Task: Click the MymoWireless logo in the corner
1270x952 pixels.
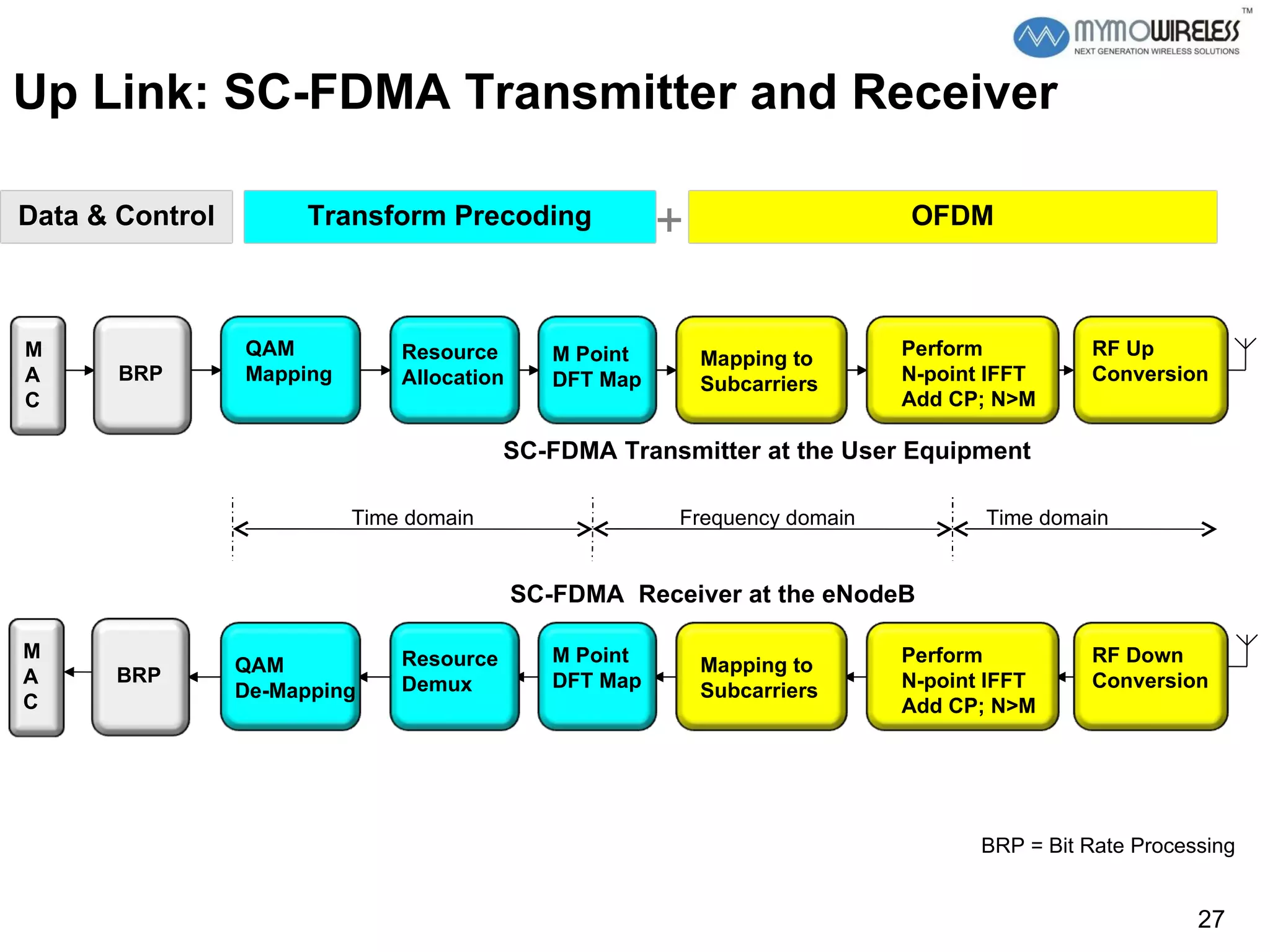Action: (x=1126, y=36)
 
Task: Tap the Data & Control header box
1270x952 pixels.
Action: (x=117, y=216)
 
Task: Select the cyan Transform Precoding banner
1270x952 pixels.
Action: (x=450, y=216)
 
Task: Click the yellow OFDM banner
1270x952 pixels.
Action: (x=952, y=216)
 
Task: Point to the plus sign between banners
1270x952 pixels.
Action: (x=669, y=220)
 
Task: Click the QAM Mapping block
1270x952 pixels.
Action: (x=290, y=370)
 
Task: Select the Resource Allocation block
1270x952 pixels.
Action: (x=454, y=370)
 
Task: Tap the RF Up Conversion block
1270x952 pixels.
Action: (x=1150, y=370)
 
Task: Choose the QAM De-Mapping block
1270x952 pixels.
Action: (x=290, y=676)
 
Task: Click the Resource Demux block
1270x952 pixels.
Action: (x=454, y=676)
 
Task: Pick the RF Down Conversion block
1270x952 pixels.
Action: (x=1150, y=676)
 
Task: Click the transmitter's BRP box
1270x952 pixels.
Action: (x=142, y=374)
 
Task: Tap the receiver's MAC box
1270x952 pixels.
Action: (x=36, y=677)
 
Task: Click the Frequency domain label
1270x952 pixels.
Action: (x=766, y=518)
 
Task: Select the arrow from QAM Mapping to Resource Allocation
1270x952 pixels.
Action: (x=375, y=370)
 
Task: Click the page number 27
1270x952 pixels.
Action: (x=1210, y=919)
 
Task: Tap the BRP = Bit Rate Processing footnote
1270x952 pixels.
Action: (x=1108, y=845)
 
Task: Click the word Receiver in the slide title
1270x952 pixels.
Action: (x=954, y=93)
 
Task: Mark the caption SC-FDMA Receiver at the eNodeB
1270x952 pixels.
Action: (x=712, y=594)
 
